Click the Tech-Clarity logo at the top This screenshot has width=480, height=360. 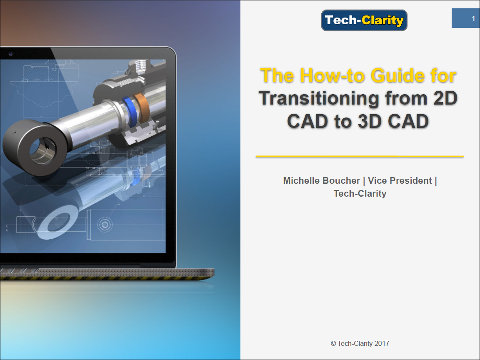[x=364, y=20]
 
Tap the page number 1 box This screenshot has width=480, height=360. [x=465, y=18]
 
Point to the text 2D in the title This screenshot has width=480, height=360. [x=445, y=98]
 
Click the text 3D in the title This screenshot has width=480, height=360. [x=370, y=121]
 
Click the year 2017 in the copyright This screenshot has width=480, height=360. [x=381, y=343]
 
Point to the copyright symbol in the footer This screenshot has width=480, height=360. [x=333, y=343]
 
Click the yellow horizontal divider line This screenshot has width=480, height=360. [x=360, y=156]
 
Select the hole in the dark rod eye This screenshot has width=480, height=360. [x=43, y=150]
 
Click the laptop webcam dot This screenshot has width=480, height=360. [x=10, y=54]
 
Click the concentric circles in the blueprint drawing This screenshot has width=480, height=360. [x=105, y=225]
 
